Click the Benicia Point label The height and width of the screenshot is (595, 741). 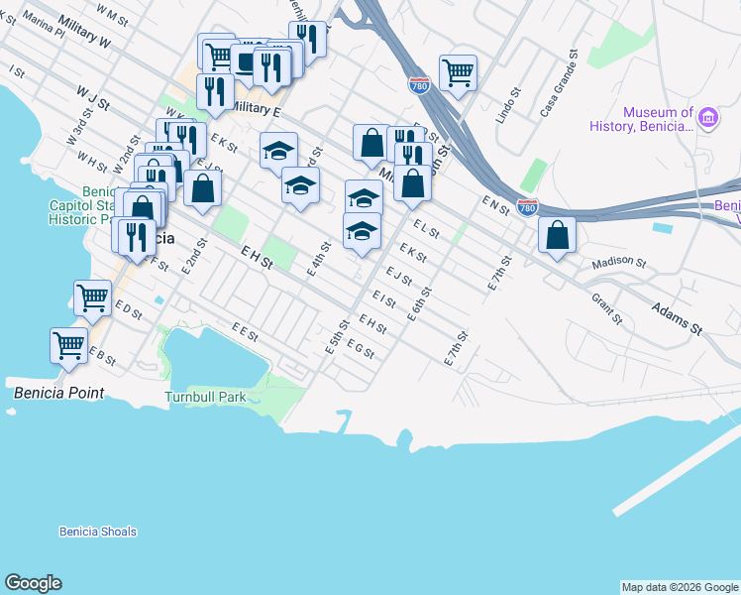[x=58, y=393]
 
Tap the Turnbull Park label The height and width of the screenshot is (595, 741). [x=205, y=397]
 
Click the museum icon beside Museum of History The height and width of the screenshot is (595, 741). [x=708, y=119]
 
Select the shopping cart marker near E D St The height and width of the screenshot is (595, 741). [x=92, y=297]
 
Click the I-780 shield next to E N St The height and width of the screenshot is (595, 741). [x=527, y=206]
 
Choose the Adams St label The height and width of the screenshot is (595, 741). [x=677, y=319]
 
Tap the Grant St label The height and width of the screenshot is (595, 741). [x=606, y=308]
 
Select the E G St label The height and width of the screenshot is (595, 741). [x=360, y=350]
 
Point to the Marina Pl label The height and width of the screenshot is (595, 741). [x=46, y=32]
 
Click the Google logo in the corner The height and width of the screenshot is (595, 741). [x=33, y=583]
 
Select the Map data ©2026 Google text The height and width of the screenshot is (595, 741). [x=679, y=587]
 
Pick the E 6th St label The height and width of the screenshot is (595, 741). [x=420, y=303]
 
